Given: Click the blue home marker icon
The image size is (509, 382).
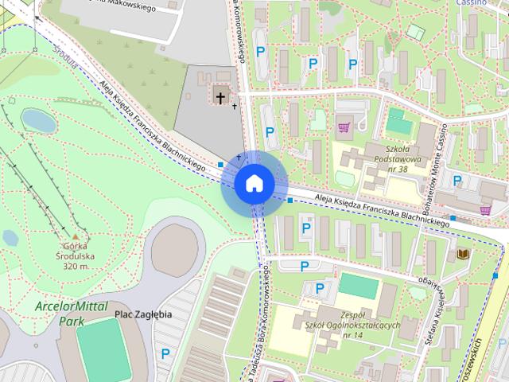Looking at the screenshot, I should [x=254, y=183].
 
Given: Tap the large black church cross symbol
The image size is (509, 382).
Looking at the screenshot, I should [x=220, y=97].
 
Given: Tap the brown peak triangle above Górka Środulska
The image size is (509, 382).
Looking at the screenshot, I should [x=76, y=237].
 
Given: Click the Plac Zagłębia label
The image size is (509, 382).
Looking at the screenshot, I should [x=143, y=314].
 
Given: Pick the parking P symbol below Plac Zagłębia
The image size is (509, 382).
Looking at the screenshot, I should [x=165, y=353].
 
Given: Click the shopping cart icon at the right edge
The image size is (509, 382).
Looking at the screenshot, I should [x=485, y=210].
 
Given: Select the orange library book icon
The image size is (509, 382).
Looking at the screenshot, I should [x=463, y=254].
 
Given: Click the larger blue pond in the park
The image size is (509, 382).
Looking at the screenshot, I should [x=38, y=121].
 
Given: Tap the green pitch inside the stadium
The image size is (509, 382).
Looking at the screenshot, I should [x=103, y=350].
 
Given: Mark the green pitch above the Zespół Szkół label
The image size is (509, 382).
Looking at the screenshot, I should [x=359, y=286].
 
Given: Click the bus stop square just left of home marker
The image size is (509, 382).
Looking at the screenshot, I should [x=220, y=165].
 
